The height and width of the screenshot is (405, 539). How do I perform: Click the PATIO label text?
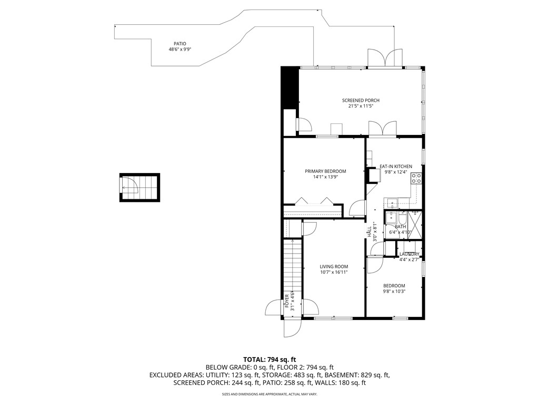point(180,44)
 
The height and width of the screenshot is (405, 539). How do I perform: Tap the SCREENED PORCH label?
point(361,100)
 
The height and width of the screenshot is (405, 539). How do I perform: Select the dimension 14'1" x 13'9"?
point(325,177)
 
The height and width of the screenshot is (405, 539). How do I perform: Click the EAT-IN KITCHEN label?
point(396,166)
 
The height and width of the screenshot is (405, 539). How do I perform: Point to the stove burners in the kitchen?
point(416,178)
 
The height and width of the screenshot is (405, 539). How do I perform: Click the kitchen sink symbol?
point(392,201)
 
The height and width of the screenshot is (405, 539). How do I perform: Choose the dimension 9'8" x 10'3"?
point(394,291)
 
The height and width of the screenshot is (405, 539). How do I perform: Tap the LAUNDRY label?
point(410,254)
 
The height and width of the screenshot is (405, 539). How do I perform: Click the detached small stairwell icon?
point(139,187)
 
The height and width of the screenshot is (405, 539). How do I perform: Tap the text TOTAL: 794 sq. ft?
point(269,359)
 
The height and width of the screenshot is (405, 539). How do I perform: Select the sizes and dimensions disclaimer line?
point(269,394)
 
